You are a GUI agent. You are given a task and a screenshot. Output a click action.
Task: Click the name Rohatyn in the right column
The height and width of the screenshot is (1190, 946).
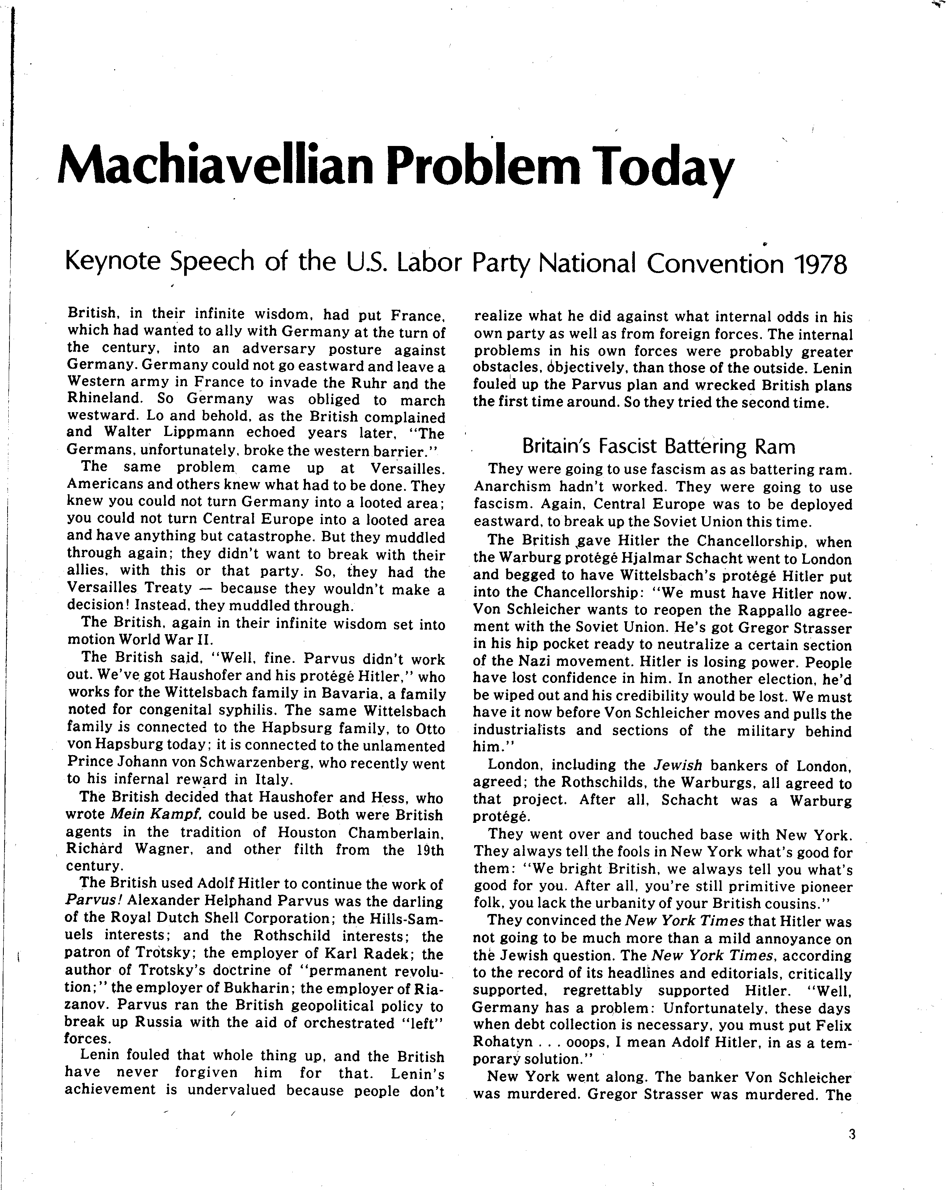pos(503,1042)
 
